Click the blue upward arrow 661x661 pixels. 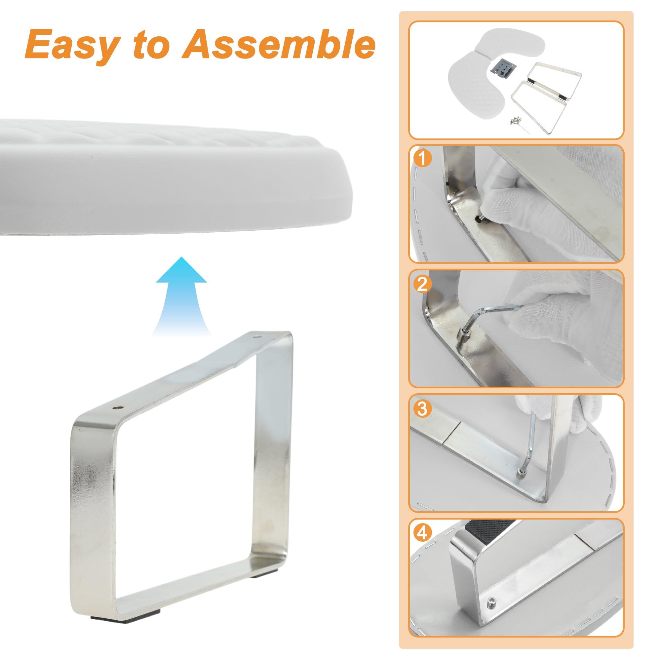click(181, 296)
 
